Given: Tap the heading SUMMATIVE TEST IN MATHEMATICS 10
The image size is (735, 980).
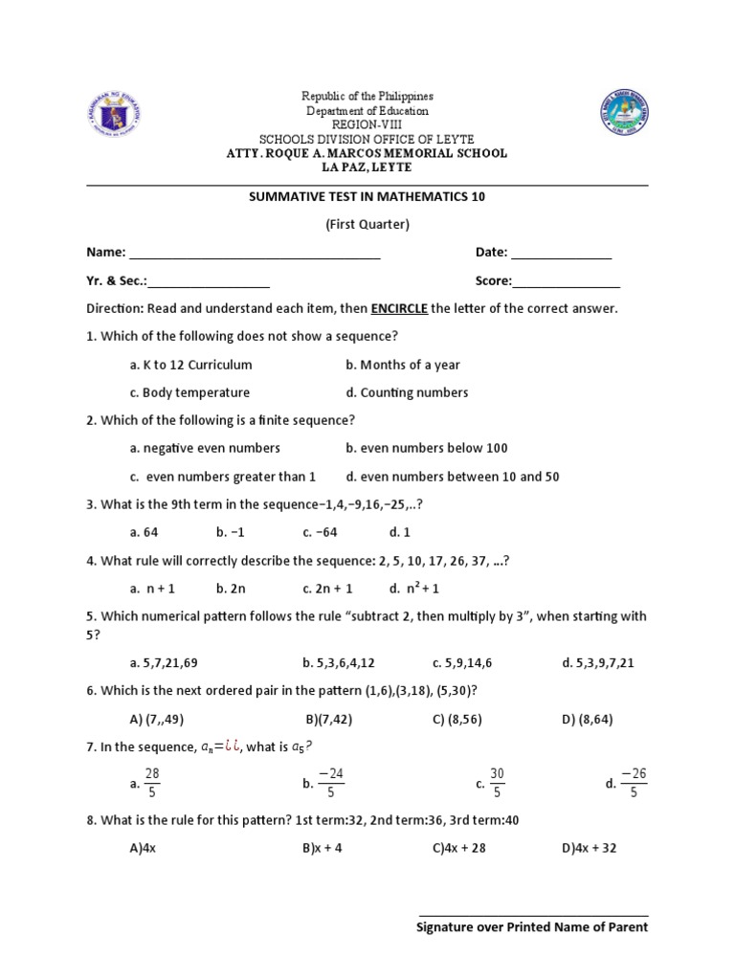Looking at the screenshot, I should coord(367,196).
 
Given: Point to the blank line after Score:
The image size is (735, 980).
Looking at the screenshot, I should coord(567,282).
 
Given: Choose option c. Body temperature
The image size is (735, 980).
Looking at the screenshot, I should coord(189,392).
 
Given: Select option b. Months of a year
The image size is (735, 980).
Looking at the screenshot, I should coord(403,365).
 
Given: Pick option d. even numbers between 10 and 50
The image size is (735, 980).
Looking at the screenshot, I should coord(453,476).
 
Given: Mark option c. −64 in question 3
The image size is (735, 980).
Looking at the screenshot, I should coord(320,532).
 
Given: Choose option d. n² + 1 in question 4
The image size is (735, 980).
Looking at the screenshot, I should coord(413,589).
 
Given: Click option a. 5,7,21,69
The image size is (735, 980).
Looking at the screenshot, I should coord(164,662).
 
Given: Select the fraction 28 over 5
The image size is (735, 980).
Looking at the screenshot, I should coord(152,782).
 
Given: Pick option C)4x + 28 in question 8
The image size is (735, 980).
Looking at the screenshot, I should coord(459,848).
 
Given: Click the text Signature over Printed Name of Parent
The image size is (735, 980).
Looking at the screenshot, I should coord(533,927).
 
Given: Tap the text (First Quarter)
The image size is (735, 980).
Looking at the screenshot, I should coord(367,224).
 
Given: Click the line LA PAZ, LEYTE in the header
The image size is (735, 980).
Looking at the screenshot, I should coord(367,167).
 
